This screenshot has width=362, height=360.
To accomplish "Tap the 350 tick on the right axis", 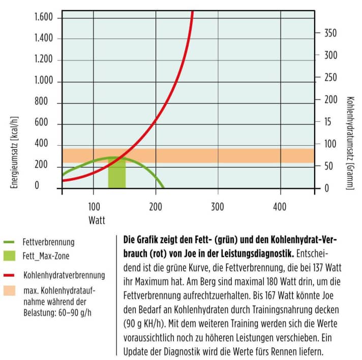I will (x=330, y=33).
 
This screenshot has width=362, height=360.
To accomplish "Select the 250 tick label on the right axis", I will (x=330, y=77).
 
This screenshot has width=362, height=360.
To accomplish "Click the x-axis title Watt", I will (x=97, y=219).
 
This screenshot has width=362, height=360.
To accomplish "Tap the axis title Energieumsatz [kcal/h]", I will (x=16, y=144).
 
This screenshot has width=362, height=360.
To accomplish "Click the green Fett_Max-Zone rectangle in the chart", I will (x=116, y=176).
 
